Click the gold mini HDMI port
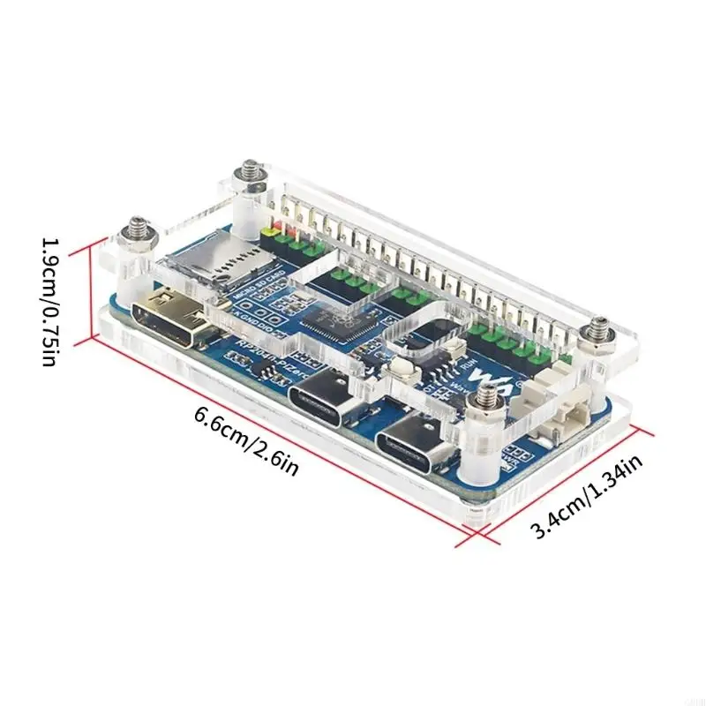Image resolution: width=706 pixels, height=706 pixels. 172,319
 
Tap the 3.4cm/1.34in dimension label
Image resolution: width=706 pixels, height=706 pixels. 586,493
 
